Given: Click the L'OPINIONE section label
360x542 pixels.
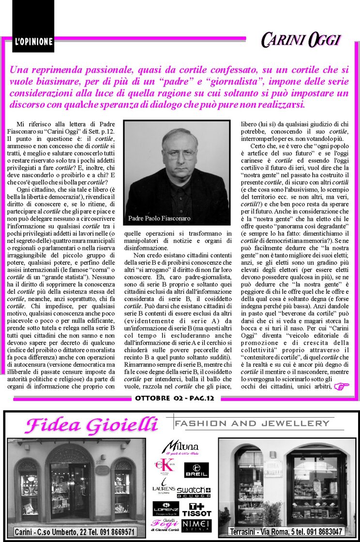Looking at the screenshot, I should [33, 42].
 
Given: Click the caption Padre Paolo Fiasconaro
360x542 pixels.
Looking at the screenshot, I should [159, 218].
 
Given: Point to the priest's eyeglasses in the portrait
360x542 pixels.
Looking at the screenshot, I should [179, 154].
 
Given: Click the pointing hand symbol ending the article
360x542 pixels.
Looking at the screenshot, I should [341, 386].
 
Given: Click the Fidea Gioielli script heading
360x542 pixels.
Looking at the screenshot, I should [91, 425].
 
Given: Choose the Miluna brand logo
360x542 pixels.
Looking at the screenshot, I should [180, 447].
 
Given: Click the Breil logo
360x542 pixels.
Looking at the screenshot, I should [196, 470].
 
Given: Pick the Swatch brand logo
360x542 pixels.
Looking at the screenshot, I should [194, 492].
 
